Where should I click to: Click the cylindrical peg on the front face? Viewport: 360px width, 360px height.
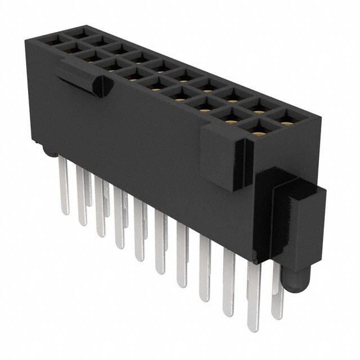pos(101,85)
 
